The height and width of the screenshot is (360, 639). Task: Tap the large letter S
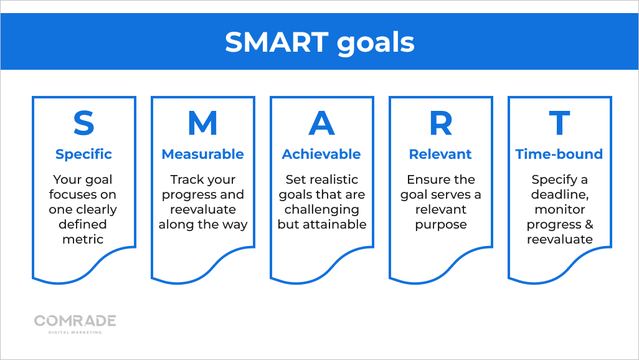83,123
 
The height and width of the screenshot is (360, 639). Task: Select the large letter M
202,123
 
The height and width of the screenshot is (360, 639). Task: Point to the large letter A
321,123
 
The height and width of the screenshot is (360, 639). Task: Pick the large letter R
440,123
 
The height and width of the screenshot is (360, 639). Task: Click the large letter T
559,123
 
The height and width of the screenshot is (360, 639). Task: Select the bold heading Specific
83,154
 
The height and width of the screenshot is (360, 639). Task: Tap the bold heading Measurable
202,154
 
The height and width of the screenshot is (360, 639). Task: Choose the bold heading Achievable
321,154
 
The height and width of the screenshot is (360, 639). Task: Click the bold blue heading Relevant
440,154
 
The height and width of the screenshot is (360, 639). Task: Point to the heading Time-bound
559,154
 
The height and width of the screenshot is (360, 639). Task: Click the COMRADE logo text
75,321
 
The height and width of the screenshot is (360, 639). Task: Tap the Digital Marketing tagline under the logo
75,332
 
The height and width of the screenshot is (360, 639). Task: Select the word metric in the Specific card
83,239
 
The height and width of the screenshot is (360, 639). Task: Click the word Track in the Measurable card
186,179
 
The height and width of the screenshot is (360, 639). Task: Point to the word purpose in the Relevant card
440,224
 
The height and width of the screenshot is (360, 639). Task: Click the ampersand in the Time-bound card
589,224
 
